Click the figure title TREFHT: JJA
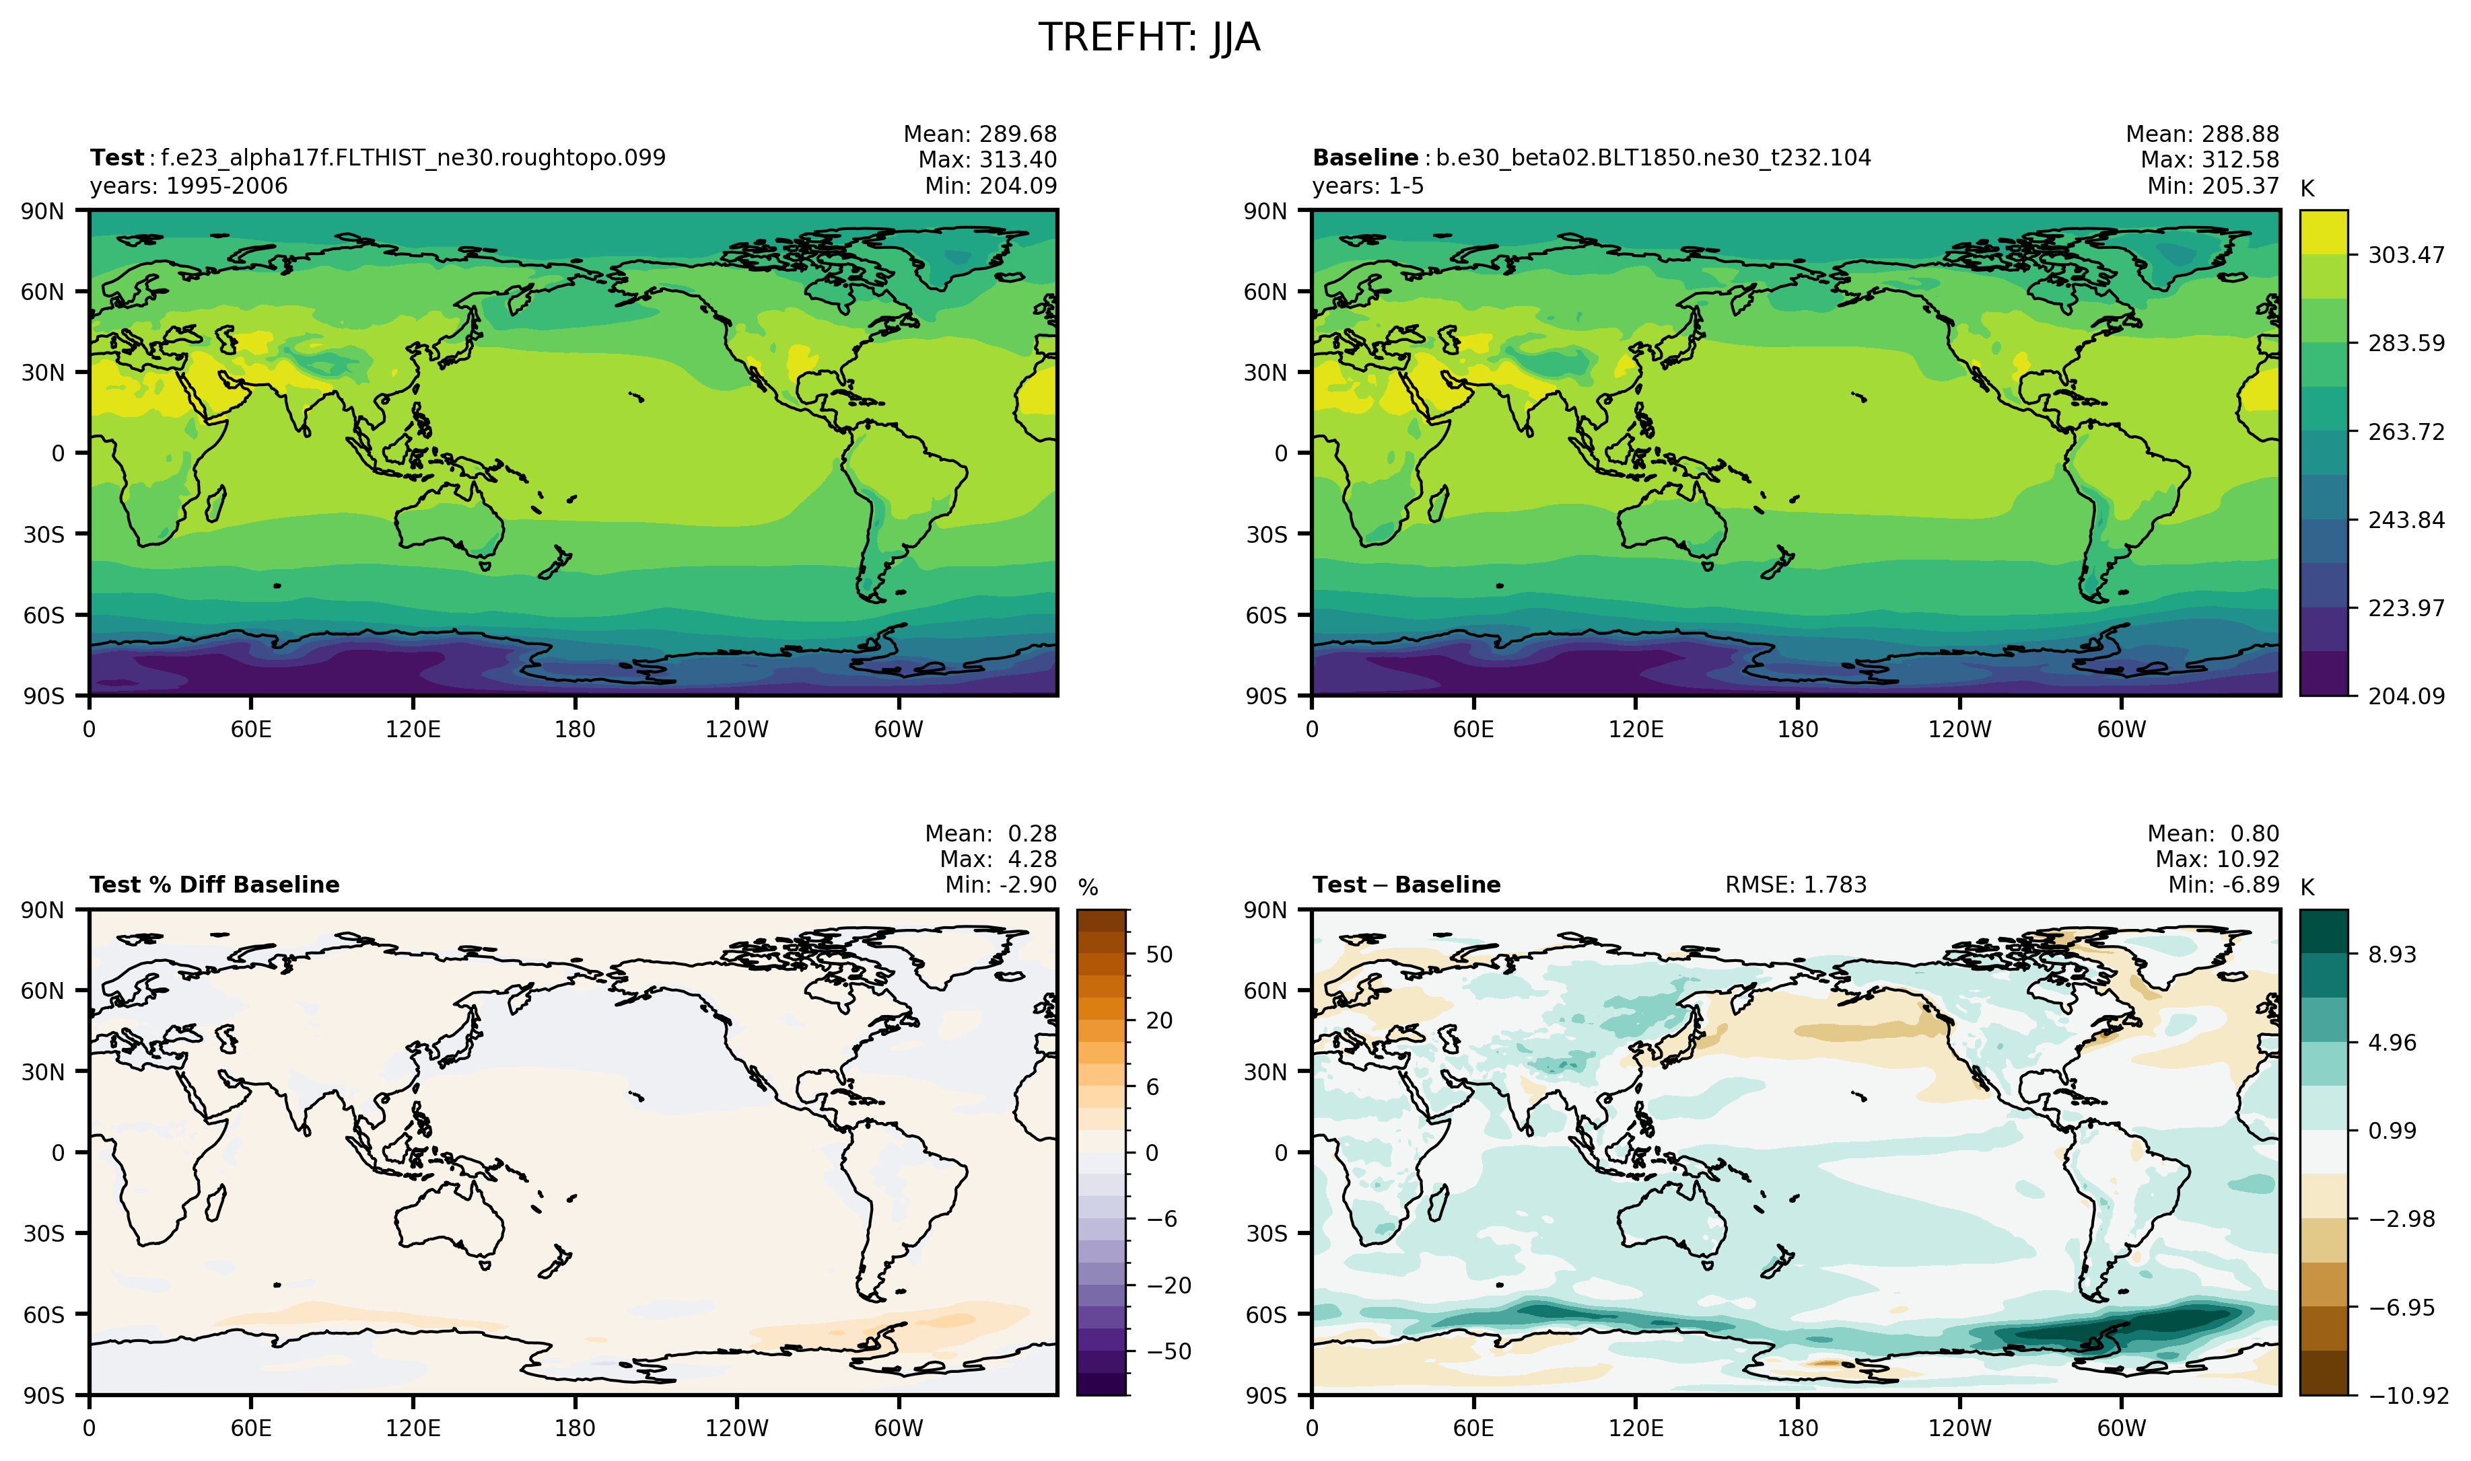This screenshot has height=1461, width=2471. (1148, 38)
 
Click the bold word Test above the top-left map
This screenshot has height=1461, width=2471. (117, 157)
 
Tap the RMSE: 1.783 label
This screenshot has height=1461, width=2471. (1795, 884)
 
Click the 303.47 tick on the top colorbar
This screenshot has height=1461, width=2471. (2406, 255)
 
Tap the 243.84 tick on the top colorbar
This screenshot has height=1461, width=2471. (2406, 520)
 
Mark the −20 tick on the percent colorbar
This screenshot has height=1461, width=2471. (1169, 1285)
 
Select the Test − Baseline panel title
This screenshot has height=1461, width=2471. (1405, 884)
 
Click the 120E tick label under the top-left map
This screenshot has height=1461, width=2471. (413, 730)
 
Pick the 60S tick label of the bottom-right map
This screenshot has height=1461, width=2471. (1265, 1314)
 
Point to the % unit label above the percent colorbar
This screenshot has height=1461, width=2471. (1087, 887)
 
